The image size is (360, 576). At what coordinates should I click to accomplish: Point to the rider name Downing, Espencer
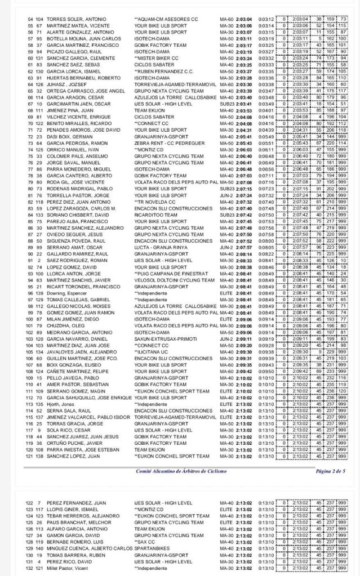tap(58, 293)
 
